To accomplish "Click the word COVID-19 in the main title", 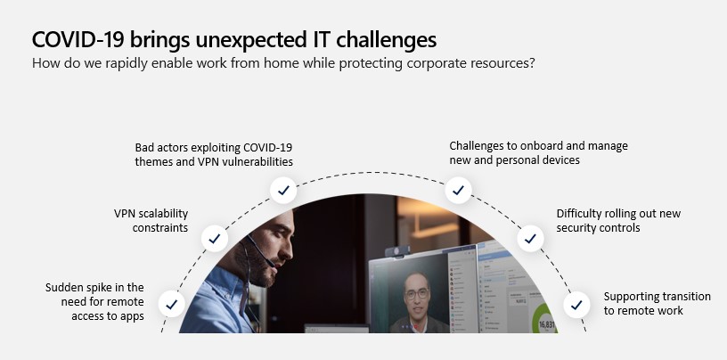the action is click(x=78, y=39).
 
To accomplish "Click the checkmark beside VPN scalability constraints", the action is click(x=214, y=239).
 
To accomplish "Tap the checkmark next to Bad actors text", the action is click(x=283, y=190).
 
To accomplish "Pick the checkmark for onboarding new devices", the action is click(x=459, y=190).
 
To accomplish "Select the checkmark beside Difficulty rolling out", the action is click(x=530, y=239).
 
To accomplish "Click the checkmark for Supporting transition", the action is click(x=576, y=305).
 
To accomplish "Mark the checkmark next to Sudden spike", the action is click(x=172, y=305).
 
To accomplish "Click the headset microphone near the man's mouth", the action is click(x=269, y=262).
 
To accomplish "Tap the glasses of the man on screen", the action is click(x=416, y=294).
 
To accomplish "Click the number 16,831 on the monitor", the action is click(x=546, y=324).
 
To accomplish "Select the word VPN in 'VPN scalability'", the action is click(x=123, y=213).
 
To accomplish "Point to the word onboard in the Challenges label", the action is click(x=541, y=146).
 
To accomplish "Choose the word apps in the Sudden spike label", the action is click(x=132, y=316).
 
